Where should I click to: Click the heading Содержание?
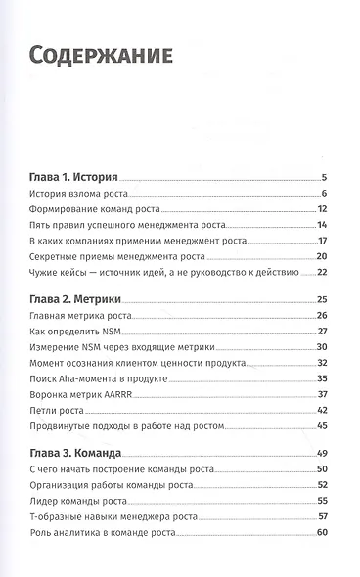(101, 55)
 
